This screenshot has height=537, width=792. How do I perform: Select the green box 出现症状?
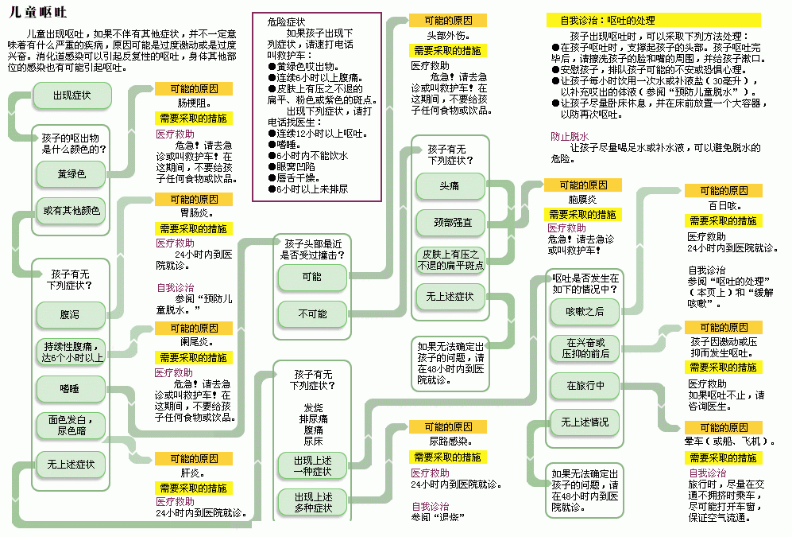(71, 95)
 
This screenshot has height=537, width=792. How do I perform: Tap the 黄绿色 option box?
(71, 173)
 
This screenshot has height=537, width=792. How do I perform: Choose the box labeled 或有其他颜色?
(71, 211)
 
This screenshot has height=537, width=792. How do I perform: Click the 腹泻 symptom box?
(71, 314)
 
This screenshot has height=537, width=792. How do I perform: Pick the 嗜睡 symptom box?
(71, 388)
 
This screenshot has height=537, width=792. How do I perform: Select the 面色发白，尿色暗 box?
(71, 426)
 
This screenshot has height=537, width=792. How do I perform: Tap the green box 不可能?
(312, 314)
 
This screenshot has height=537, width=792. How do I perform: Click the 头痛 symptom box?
(450, 185)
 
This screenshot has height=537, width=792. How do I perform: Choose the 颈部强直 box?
(450, 223)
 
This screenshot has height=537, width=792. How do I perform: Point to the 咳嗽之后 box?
(585, 311)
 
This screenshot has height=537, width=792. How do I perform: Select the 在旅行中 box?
(585, 385)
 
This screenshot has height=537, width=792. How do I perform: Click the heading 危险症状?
(286, 22)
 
